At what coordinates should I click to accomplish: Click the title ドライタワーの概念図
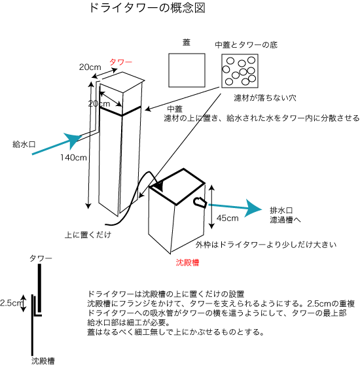tap(147, 8)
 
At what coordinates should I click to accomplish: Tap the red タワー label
tap(121, 62)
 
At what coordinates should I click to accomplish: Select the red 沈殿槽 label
tap(187, 262)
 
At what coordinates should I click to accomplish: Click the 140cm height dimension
tap(73, 158)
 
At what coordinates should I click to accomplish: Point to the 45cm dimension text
tap(227, 218)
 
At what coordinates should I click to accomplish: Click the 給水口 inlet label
tap(24, 144)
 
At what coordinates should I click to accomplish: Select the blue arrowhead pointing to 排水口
tap(253, 208)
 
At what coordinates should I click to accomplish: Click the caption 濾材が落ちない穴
tap(265, 97)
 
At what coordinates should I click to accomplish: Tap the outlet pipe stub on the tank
tap(200, 202)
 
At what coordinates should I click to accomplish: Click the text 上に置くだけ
tap(88, 235)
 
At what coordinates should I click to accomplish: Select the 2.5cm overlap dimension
tap(11, 303)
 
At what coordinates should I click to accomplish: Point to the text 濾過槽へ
tap(285, 220)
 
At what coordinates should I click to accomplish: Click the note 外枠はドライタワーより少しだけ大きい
tap(266, 245)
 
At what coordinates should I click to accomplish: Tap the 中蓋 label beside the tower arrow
tap(175, 109)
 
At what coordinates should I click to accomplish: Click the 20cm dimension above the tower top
tap(90, 67)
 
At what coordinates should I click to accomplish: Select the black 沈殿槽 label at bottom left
tap(43, 360)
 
